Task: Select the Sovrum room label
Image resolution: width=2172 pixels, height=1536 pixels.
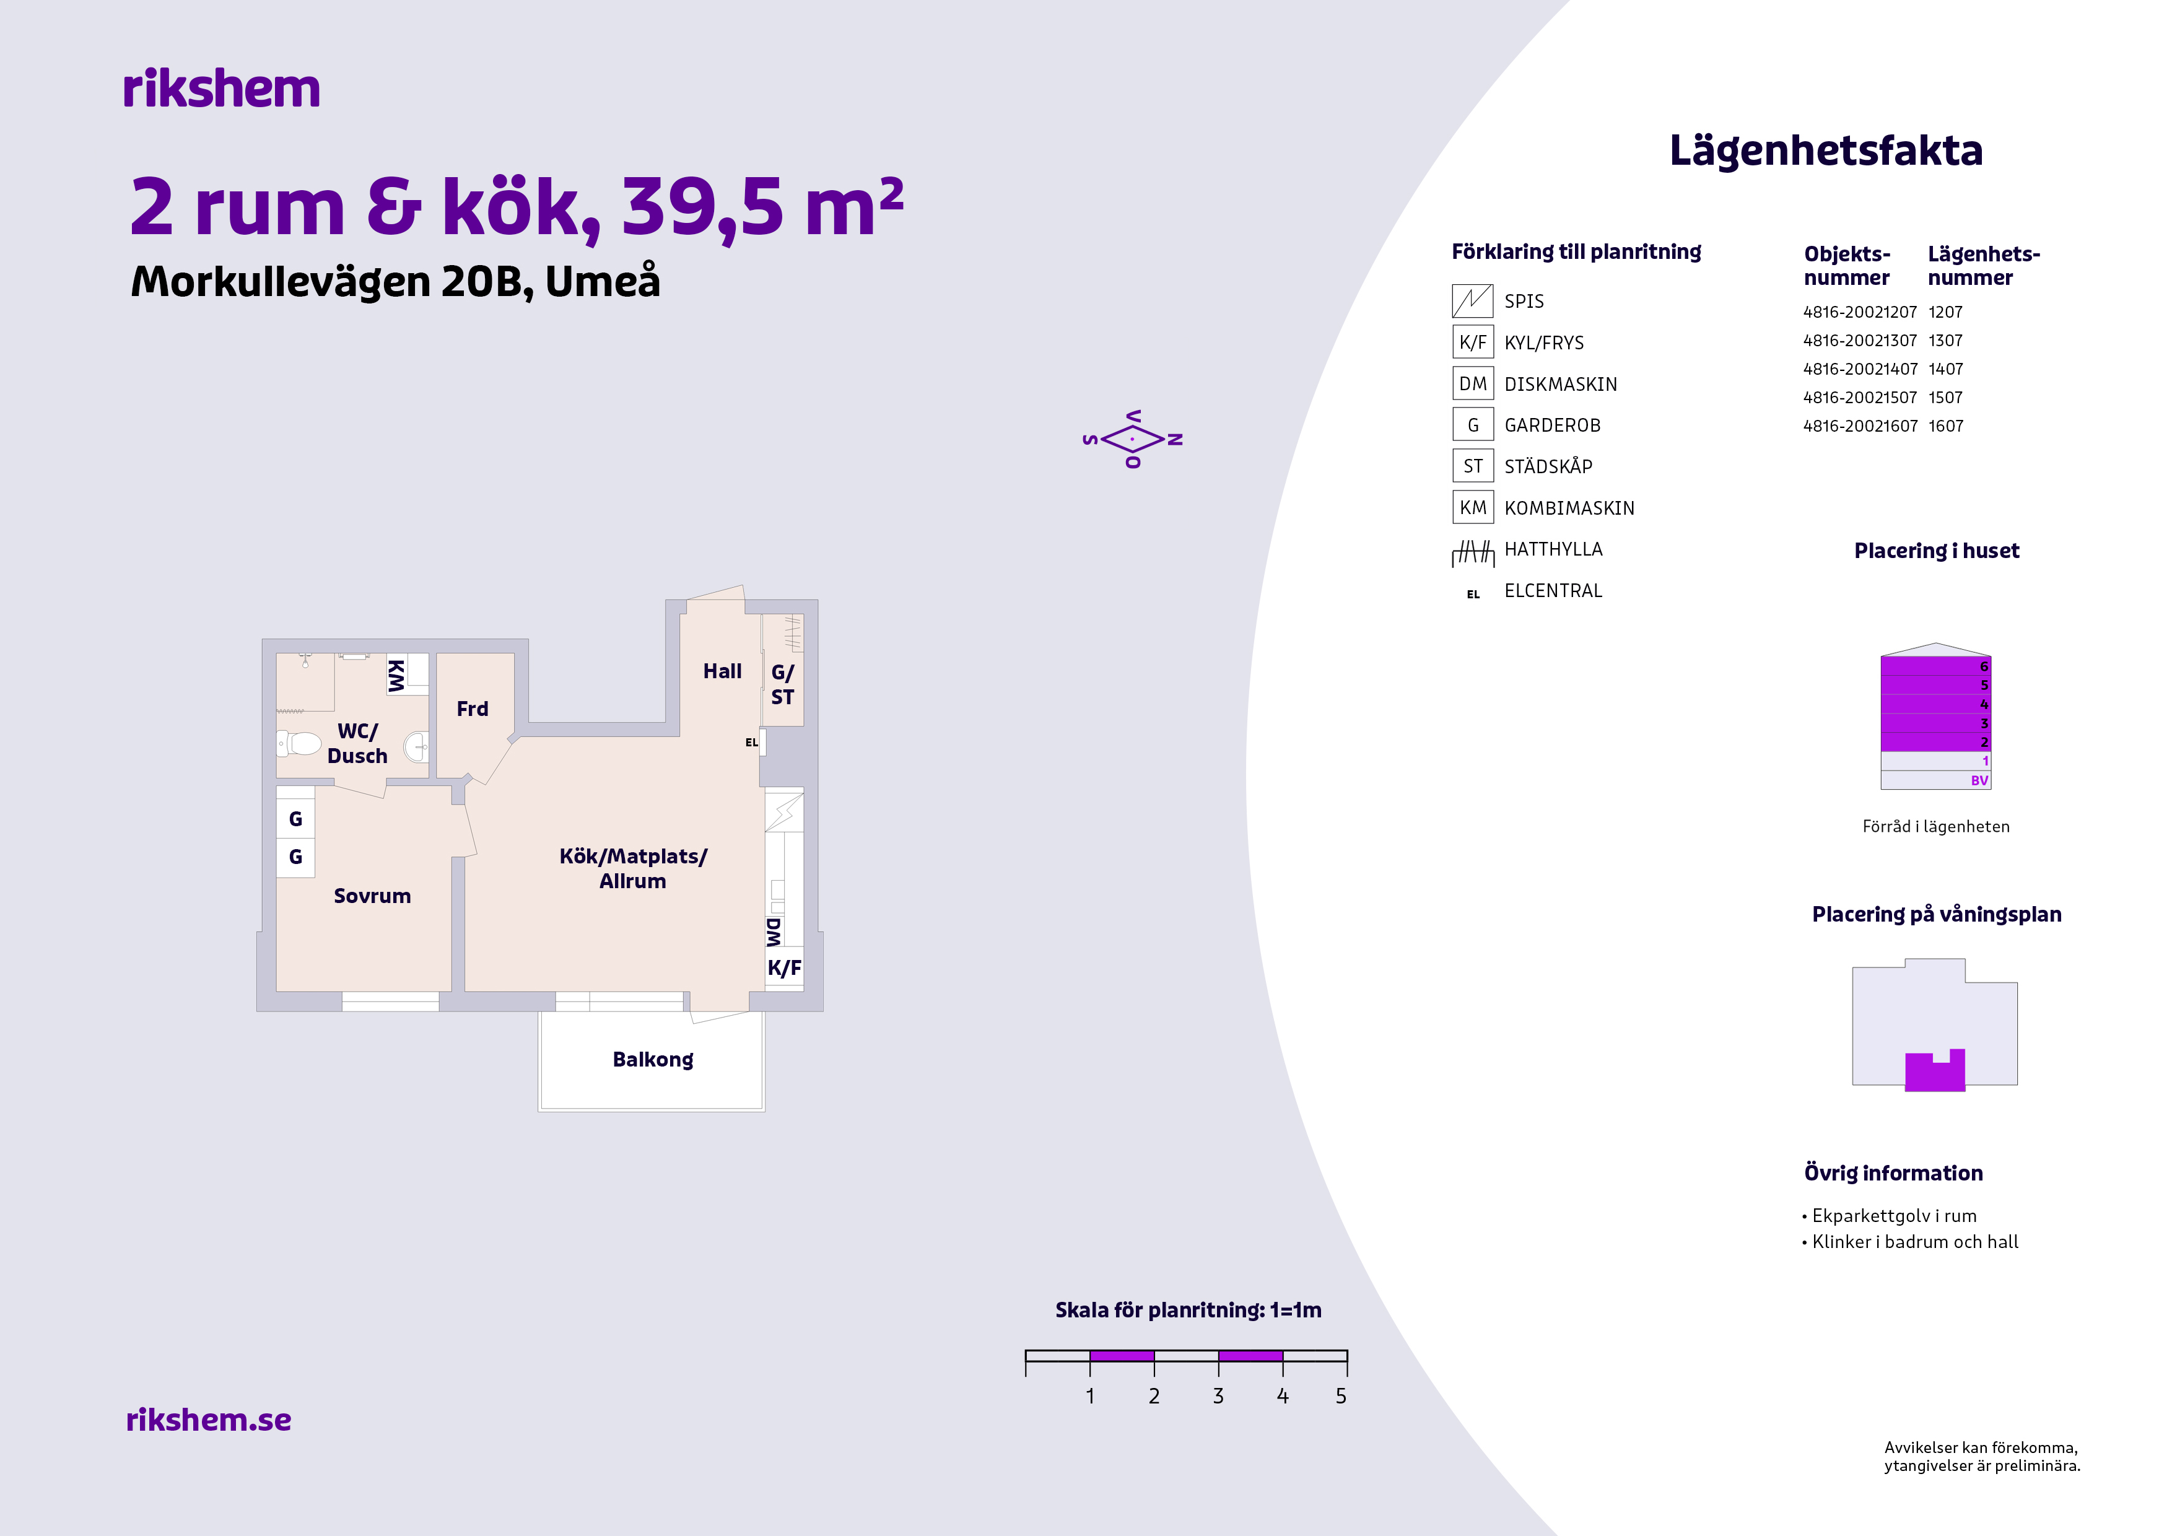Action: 372,896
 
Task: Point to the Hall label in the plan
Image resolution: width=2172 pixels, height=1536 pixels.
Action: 722,671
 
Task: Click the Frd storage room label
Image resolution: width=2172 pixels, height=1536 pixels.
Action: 472,709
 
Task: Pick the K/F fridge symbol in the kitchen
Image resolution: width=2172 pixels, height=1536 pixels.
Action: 784,967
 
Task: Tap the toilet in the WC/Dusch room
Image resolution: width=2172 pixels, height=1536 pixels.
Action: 300,743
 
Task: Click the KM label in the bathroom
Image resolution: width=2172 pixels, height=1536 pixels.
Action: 396,675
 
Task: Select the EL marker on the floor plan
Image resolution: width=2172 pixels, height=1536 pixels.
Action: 751,743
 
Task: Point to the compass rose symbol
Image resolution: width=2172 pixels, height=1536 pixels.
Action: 1132,439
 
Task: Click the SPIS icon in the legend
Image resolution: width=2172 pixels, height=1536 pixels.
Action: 1472,301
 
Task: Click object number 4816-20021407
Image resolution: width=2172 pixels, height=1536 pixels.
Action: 1860,369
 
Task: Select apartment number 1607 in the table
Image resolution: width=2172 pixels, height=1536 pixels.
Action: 1946,425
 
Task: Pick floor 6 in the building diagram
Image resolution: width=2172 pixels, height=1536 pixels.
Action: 1935,666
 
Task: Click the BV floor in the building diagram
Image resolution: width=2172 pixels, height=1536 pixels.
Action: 1935,780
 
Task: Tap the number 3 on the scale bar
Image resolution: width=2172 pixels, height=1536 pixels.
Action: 1218,1396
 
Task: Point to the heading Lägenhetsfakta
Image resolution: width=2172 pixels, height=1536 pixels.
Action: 1826,151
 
